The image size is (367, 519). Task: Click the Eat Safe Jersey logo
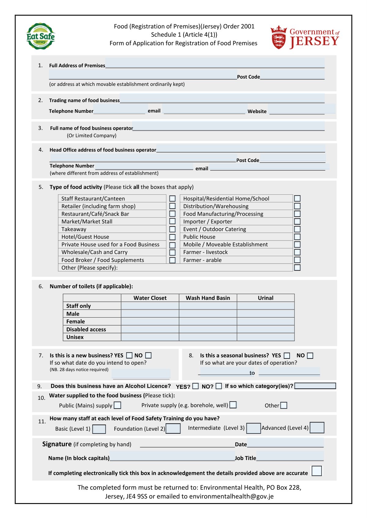tap(40, 36)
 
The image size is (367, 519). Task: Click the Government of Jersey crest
tap(278, 37)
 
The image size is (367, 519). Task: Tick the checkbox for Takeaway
tap(172, 229)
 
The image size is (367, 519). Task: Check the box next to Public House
tap(297, 237)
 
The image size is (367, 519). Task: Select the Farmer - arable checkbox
tap(297, 260)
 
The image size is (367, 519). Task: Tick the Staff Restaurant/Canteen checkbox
tap(172, 199)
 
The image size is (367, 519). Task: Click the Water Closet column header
tap(150, 298)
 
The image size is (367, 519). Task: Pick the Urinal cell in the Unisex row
tap(265, 337)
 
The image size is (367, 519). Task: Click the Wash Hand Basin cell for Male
tap(208, 314)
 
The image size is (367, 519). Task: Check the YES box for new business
tap(129, 355)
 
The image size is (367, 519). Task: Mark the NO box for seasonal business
tap(310, 355)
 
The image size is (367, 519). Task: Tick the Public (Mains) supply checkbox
tap(117, 405)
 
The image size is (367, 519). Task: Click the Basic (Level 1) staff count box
tap(99, 429)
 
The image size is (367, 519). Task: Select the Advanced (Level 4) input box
tap(317, 428)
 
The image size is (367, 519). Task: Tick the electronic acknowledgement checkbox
tap(317, 471)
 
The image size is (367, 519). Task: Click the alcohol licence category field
tap(315, 386)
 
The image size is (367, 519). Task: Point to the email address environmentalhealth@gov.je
tap(231, 496)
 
